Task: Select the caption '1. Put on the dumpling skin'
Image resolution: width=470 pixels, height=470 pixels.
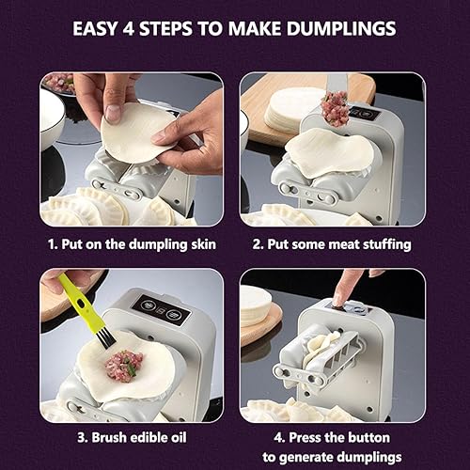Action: click(132, 244)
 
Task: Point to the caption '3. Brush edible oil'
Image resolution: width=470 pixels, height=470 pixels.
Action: click(132, 438)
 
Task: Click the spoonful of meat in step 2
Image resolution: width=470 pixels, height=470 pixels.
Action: click(335, 109)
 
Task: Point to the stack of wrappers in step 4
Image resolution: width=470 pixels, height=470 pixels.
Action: click(257, 305)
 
